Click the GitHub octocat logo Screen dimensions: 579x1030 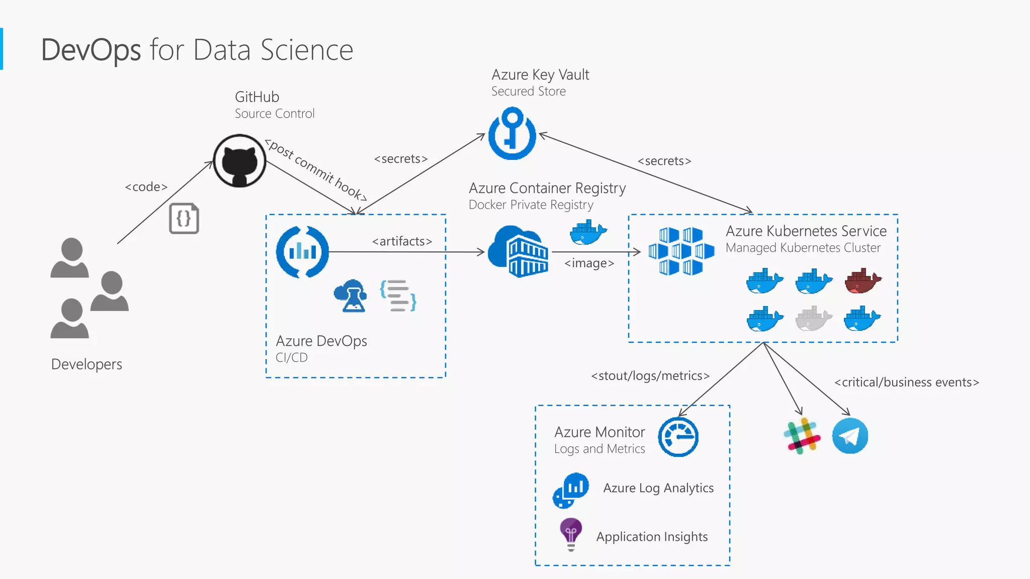pos(239,161)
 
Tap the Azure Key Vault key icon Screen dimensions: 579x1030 pos(512,133)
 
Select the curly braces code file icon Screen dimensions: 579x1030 pos(184,219)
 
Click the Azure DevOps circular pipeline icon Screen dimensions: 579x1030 pos(302,252)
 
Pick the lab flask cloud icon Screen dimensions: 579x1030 pos(351,296)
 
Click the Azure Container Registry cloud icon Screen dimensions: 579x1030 pos(518,252)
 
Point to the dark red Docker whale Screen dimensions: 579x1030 pos(862,281)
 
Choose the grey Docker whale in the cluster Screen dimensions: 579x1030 pos(813,318)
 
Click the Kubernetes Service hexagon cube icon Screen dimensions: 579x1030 pos(681,251)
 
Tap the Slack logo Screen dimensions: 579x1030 pos(802,436)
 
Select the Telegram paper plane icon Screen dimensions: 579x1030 pos(850,436)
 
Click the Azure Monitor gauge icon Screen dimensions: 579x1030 pos(678,437)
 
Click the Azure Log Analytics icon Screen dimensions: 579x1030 pos(570,490)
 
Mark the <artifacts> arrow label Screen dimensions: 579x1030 pos(402,241)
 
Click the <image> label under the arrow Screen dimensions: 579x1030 pos(589,263)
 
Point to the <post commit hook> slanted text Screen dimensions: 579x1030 pos(316,170)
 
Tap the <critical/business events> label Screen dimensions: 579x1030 pos(906,382)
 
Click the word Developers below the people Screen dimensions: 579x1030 pos(87,364)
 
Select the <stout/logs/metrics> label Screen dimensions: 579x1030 pos(650,376)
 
